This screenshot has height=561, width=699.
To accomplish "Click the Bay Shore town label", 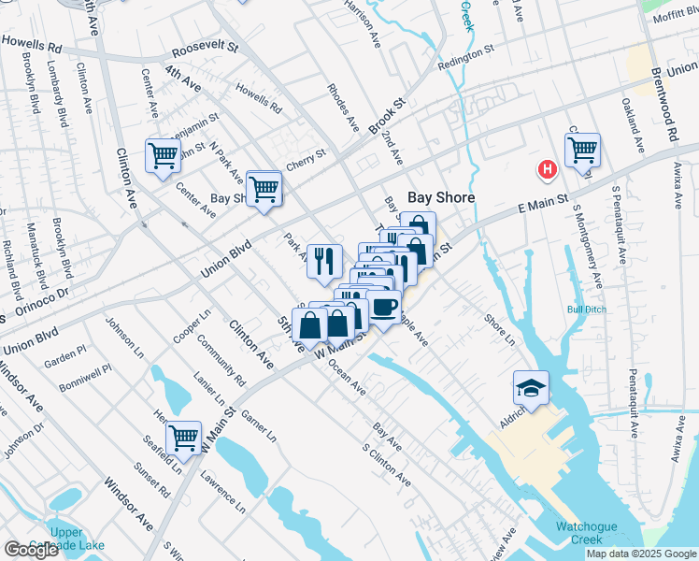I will [x=441, y=198].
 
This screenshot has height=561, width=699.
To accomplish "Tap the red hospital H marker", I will [x=547, y=169].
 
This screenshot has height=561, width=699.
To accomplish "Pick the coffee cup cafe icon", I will [x=382, y=306].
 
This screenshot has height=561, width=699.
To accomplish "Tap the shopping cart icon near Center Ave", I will [x=163, y=154].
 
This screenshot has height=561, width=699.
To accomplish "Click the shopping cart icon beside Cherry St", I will [x=264, y=187].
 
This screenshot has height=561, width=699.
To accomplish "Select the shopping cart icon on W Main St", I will [x=183, y=436].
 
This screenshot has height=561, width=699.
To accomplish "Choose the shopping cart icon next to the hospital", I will [x=582, y=149].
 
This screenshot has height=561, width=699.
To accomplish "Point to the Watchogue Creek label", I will [x=586, y=533].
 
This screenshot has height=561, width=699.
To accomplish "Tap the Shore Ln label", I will [x=499, y=329].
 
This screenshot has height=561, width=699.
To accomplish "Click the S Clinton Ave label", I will [x=386, y=464].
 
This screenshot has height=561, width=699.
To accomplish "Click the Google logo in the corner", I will [x=31, y=550].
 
